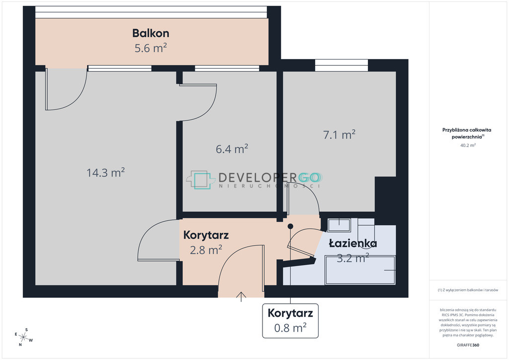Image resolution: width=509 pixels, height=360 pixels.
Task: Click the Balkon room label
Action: pos(151,33)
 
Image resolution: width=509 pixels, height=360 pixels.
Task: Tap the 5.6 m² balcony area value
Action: pos(151,48)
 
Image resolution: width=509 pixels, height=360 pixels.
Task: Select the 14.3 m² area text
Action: pos(105,173)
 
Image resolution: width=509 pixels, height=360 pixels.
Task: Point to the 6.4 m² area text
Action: pos(232,149)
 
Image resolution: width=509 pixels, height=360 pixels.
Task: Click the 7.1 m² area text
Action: pos(339,134)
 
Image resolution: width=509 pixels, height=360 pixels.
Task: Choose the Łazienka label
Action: pos(353,243)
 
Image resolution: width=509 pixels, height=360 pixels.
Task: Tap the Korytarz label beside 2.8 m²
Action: pos(206,235)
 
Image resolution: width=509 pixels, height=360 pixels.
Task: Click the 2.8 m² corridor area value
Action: pos(206,250)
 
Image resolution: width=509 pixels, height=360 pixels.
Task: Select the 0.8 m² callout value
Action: pos(290,328)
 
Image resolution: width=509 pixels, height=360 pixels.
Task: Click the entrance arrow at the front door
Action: pos(241,297)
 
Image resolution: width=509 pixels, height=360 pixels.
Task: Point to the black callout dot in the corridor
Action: pos(290,226)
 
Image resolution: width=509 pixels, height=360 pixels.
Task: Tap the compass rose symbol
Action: pos(23,337)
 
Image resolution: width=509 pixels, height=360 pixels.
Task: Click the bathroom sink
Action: pos(339,225)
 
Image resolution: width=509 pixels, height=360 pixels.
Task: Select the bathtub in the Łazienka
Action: pos(360,270)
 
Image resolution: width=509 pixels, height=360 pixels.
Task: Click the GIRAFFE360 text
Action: pos(468,345)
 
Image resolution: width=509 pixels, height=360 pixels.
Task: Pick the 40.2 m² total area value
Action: pos(468,145)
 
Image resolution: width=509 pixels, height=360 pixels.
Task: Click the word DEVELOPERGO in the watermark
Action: pos(269,178)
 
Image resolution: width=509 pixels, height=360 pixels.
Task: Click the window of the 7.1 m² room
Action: pos(341,65)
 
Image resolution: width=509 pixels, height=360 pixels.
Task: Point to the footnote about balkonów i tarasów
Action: pos(468,290)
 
